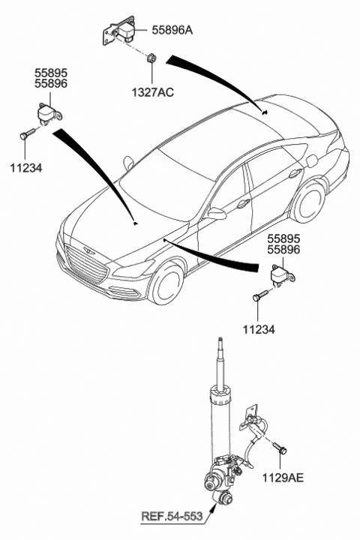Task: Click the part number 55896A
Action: [172, 31]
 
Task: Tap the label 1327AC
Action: [152, 92]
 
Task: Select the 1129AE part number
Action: [283, 478]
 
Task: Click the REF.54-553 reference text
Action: [172, 516]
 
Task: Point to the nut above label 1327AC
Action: [151, 58]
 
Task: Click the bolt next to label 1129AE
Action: [280, 448]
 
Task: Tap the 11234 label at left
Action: [25, 168]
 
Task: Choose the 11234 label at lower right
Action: [259, 329]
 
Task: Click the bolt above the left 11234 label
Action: [28, 133]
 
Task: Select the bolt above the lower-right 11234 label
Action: [261, 295]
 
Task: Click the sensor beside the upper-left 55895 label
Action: [49, 112]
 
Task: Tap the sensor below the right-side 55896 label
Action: [283, 274]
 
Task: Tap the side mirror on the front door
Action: [216, 214]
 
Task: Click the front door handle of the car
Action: [243, 203]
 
